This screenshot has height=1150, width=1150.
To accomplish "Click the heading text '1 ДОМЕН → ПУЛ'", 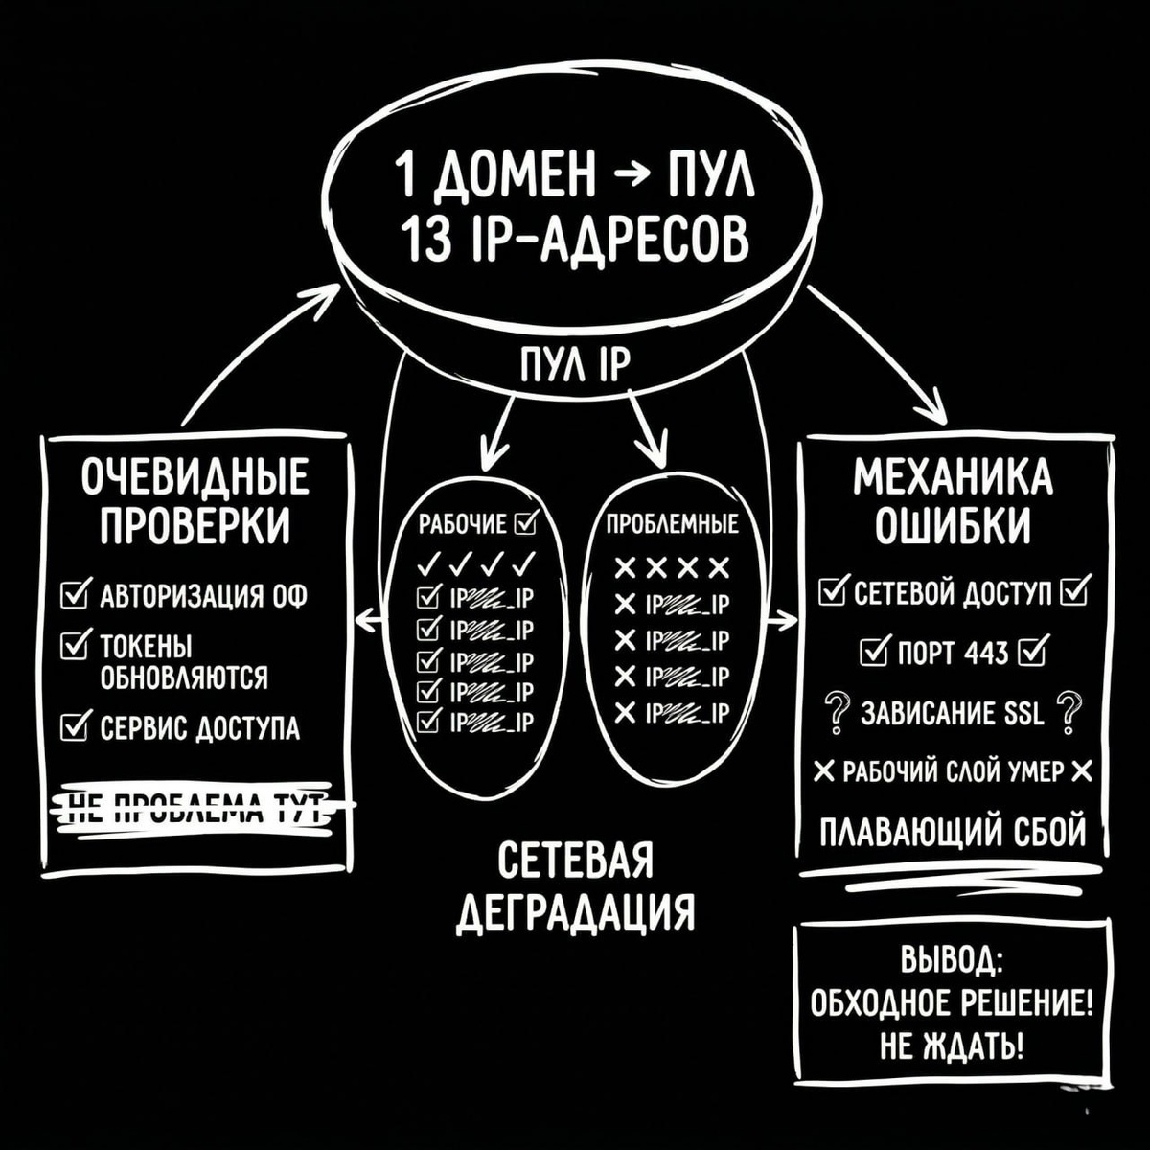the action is tap(573, 177).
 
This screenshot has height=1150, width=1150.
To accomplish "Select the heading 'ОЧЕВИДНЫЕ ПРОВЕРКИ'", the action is tap(195, 501).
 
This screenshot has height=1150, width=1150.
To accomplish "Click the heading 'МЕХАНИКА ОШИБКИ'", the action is tap(953, 501).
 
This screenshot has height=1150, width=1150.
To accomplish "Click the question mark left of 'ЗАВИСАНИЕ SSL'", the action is tap(836, 714).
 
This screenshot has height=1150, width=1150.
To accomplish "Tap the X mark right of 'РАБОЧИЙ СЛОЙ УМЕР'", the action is tap(1082, 770).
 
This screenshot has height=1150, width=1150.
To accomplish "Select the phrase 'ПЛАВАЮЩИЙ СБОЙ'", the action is tap(953, 830).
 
